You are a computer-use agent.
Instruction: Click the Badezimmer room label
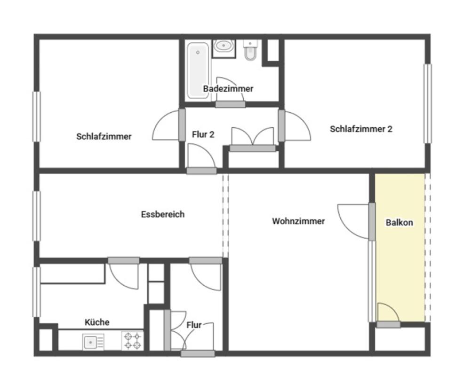coord(228,89)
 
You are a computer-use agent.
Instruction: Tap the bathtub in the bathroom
coord(198,70)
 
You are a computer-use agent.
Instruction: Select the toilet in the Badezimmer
coord(250,50)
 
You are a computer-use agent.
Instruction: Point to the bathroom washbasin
coord(224,46)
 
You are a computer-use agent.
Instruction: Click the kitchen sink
coord(93,342)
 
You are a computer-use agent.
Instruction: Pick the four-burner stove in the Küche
coord(132,341)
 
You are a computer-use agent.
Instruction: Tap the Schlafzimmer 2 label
coord(361,129)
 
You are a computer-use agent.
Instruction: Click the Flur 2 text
coord(203,135)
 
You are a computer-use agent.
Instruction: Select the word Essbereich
coord(163,214)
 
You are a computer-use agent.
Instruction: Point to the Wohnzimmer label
coord(298,221)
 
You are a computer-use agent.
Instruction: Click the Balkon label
coord(399,222)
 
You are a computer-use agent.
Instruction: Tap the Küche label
coord(97,322)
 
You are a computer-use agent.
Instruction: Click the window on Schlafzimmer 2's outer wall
coord(428,104)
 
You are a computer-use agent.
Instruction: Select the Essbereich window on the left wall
coord(36,216)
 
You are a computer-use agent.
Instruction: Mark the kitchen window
coord(36,292)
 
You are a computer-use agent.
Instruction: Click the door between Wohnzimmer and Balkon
coord(372,221)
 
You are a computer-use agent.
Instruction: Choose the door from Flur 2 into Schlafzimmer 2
coord(281,125)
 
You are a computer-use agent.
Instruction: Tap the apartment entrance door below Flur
coord(198,354)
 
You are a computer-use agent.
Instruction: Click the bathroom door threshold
coord(230,104)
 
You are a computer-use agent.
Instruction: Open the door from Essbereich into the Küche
coord(124,261)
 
